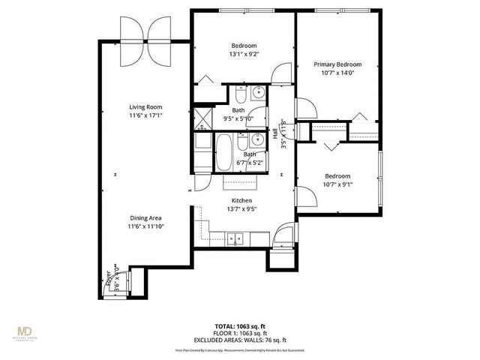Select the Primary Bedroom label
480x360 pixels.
pyautogui.click(x=337, y=64)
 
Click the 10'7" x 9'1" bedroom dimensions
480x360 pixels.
pyautogui.click(x=337, y=184)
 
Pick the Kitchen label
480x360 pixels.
pyautogui.click(x=241, y=201)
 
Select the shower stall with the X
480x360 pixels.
pyautogui.click(x=203, y=118)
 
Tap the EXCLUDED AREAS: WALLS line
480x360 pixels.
pyautogui.click(x=241, y=339)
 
